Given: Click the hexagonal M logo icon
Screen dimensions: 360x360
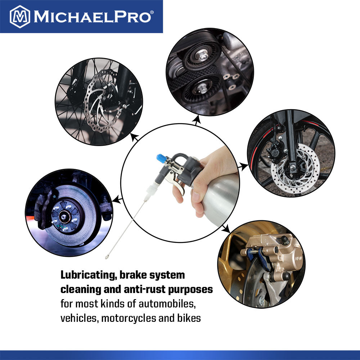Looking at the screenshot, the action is [20, 17].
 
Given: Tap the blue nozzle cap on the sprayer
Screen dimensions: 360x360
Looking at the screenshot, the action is [161, 158].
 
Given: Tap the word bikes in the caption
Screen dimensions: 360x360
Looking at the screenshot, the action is [189, 318].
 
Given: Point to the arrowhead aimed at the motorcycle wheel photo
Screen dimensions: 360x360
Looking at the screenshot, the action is [244, 166].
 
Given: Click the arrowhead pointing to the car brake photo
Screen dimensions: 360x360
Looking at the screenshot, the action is [117, 199].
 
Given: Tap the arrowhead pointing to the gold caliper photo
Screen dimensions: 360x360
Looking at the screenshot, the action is [226, 229].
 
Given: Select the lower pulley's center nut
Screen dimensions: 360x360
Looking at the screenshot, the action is [202, 87].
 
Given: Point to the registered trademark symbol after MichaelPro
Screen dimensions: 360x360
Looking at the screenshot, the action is [152, 12].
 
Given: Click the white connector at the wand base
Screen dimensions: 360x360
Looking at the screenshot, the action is [151, 190].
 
